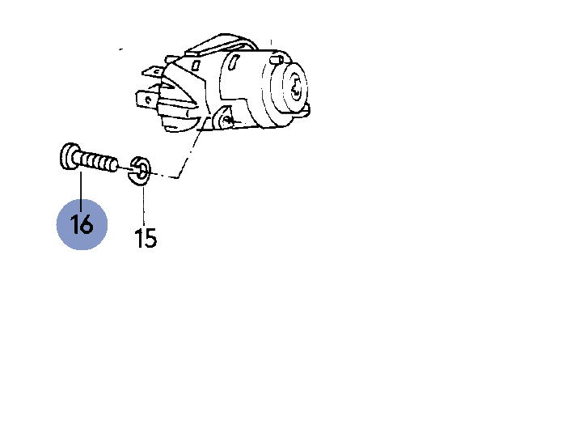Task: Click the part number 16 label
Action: pos(82,224)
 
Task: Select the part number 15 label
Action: pos(146,238)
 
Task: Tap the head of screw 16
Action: pos(67,156)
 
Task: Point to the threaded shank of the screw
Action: pos(95,162)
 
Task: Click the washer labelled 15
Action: pos(139,171)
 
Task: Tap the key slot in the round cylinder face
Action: pos(296,89)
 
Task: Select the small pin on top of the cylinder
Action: pos(277,59)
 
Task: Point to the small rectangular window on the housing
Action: pos(196,66)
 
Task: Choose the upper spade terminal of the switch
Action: pos(153,71)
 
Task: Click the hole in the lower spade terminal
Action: pos(147,99)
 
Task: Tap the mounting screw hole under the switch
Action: pos(226,121)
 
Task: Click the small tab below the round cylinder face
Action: pos(306,110)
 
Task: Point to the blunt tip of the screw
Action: pos(114,166)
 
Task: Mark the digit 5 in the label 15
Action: pos(151,239)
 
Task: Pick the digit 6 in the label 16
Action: pos(87,225)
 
